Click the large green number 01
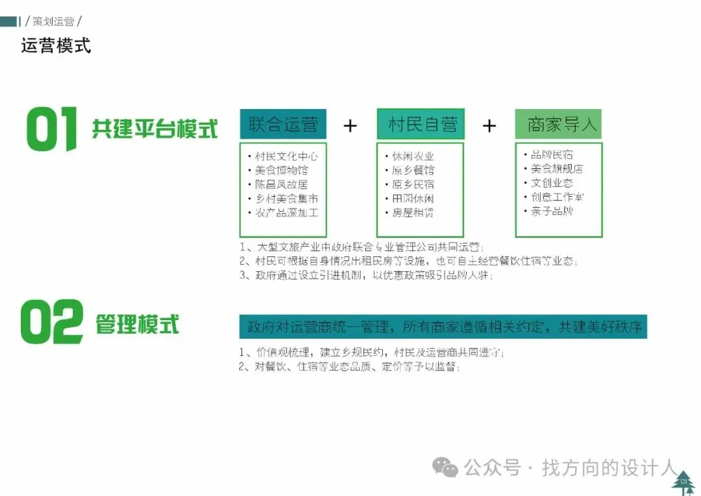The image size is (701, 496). click(x=51, y=129)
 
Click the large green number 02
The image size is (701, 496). click(x=51, y=323)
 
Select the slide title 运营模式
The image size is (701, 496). click(x=56, y=45)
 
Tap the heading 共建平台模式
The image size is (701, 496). click(x=154, y=129)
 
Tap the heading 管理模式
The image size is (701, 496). click(x=137, y=324)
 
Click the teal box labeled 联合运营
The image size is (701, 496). click(x=283, y=124)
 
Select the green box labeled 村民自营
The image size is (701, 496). click(x=421, y=124)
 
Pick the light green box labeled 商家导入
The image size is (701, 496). click(x=558, y=124)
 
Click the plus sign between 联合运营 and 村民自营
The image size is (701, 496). click(x=350, y=125)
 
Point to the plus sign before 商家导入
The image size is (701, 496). click(x=489, y=125)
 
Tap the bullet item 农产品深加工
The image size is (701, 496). click(x=286, y=212)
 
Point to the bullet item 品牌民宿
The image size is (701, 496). click(x=552, y=155)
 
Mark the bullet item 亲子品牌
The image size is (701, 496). click(x=552, y=211)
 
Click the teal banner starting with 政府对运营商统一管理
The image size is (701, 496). click(x=443, y=327)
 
